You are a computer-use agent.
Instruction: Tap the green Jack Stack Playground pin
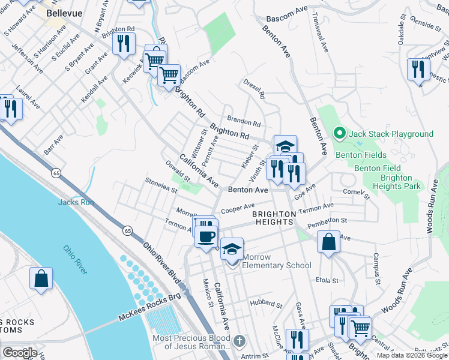coord(339,133)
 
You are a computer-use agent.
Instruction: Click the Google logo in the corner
coord(20,353)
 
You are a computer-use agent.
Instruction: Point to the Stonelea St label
coord(160,185)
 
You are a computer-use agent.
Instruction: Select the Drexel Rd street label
coord(255,88)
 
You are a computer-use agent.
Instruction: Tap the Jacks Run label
coord(76,202)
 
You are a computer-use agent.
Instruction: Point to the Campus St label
coord(376,268)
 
